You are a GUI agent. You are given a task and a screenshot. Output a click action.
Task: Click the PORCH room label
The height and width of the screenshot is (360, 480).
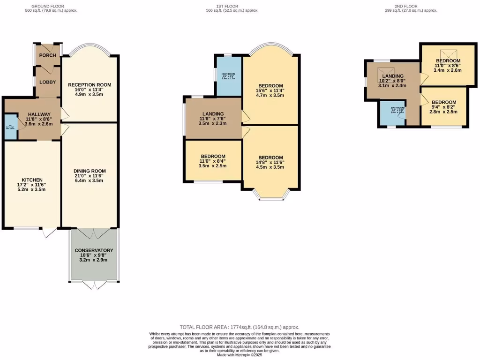[x=47, y=55]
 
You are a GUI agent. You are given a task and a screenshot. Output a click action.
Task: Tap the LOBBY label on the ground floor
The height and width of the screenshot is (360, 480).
[x=47, y=82]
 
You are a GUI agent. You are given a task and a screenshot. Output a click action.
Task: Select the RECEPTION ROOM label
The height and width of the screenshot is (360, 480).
[x=90, y=85]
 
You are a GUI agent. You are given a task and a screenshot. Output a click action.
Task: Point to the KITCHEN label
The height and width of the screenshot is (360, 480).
[x=32, y=180]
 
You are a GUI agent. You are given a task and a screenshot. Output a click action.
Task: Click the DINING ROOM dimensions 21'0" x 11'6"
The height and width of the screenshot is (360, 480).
[x=90, y=176]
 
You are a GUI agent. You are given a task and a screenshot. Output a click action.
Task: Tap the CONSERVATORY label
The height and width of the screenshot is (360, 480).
[x=94, y=250]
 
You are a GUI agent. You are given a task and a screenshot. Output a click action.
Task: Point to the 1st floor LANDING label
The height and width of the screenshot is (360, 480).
[x=213, y=114]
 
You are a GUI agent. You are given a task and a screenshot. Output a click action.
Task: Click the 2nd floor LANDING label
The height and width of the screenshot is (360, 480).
[x=393, y=76]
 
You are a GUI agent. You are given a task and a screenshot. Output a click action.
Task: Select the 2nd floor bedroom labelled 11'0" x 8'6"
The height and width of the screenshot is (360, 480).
[x=448, y=61]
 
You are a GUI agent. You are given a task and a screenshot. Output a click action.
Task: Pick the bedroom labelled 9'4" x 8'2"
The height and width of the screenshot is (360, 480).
[x=443, y=102]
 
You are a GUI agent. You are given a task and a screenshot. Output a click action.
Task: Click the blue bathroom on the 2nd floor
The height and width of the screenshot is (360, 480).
[x=392, y=114]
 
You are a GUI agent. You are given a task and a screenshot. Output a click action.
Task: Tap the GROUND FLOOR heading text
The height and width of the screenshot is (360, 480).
[x=51, y=6]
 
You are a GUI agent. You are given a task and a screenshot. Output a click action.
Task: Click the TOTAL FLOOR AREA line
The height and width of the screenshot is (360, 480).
[x=240, y=327]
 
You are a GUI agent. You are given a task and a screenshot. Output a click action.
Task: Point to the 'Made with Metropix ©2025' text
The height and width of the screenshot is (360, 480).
[x=240, y=354]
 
